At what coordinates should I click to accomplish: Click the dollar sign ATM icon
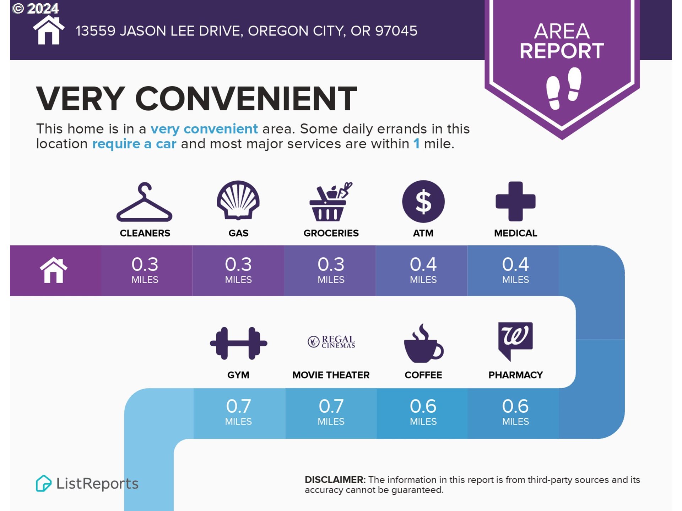[x=423, y=201]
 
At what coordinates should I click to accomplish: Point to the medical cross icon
[x=515, y=201]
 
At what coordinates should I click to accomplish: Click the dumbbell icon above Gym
[x=238, y=343]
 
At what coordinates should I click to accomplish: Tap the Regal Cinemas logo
[x=331, y=341]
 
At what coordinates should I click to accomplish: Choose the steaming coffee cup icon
[x=423, y=343]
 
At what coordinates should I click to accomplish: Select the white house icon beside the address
[x=49, y=31]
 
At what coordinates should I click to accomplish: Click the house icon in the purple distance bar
[x=54, y=270]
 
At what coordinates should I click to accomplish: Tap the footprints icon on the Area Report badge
[x=564, y=88]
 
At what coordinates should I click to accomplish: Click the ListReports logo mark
[x=44, y=483]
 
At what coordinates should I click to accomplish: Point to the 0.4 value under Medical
[x=515, y=264]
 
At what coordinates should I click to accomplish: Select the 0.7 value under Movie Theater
[x=331, y=406]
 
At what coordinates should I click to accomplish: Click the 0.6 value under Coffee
[x=423, y=406]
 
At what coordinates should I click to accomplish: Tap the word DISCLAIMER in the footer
[x=335, y=480]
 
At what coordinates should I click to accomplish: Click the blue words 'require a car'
[x=134, y=144]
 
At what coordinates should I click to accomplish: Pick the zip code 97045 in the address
[x=396, y=31]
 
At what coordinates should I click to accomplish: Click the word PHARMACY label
[x=515, y=375]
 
